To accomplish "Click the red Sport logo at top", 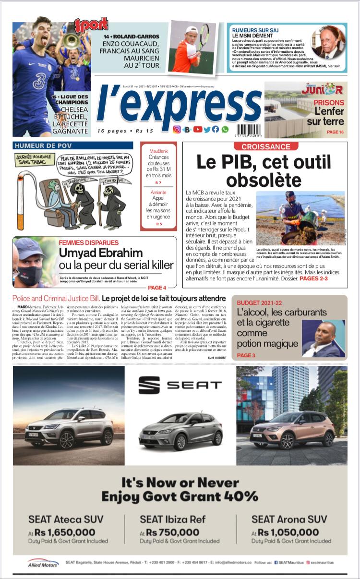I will (x=91, y=25).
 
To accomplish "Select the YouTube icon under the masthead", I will (x=197, y=129).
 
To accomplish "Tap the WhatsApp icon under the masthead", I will (x=225, y=129).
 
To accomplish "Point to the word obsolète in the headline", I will (x=264, y=180).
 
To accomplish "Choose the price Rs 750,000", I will (x=173, y=532).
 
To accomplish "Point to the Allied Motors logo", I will (x=43, y=562).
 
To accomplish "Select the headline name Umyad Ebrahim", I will (x=101, y=253).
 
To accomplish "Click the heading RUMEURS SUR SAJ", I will (x=255, y=30).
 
